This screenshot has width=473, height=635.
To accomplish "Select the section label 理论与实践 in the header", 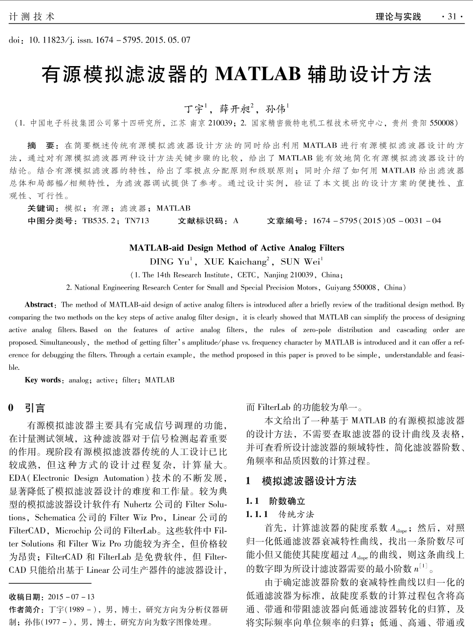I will pyautogui.click(x=398, y=17).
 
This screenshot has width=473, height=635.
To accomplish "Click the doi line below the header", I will pyautogui.click(x=99, y=40).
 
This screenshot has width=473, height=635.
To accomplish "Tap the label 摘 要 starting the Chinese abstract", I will pyautogui.click(x=43, y=146).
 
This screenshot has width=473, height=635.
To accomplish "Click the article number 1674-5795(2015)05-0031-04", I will pyautogui.click(x=376, y=221).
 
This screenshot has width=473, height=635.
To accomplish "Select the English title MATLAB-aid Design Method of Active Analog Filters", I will pyautogui.click(x=236, y=248).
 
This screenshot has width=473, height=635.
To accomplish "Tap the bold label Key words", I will pyautogui.click(x=43, y=380).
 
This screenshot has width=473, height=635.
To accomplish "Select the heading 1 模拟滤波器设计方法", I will pyautogui.click(x=301, y=481).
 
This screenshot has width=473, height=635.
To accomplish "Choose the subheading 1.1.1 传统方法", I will pyautogui.click(x=280, y=514).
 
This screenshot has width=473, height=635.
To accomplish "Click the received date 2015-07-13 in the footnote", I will pyautogui.click(x=71, y=597).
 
